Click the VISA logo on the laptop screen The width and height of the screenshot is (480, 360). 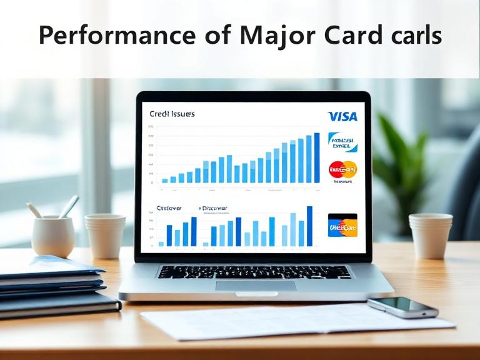pyautogui.click(x=342, y=116)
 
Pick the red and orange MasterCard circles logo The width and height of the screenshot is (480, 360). pyautogui.click(x=342, y=169)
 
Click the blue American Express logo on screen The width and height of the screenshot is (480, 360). pyautogui.click(x=342, y=142)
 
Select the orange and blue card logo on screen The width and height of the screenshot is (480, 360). pyautogui.click(x=342, y=226)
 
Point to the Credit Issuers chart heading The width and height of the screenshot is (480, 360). pyautogui.click(x=172, y=114)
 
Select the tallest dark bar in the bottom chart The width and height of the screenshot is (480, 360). pyautogui.click(x=309, y=226)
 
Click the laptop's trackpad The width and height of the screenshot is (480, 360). pyautogui.click(x=256, y=285)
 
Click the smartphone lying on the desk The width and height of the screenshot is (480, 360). pyautogui.click(x=402, y=307)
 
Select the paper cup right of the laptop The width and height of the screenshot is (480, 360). pyautogui.click(x=431, y=235)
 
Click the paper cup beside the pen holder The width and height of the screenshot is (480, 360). pyautogui.click(x=105, y=236)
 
